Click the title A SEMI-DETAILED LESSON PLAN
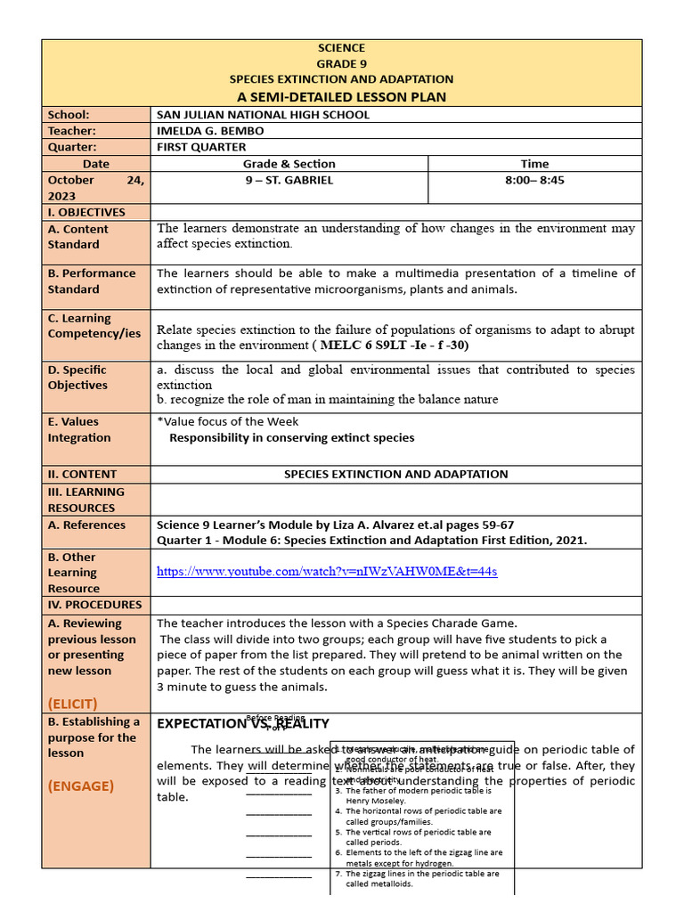341,96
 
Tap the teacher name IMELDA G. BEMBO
210,131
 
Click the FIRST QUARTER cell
201,147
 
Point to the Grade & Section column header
289,164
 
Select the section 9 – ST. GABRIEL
289,180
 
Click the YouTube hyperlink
327,571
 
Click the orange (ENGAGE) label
81,786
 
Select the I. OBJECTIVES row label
86,212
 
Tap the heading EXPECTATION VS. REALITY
243,723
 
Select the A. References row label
86,525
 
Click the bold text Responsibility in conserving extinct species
291,437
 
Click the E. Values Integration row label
79,429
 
